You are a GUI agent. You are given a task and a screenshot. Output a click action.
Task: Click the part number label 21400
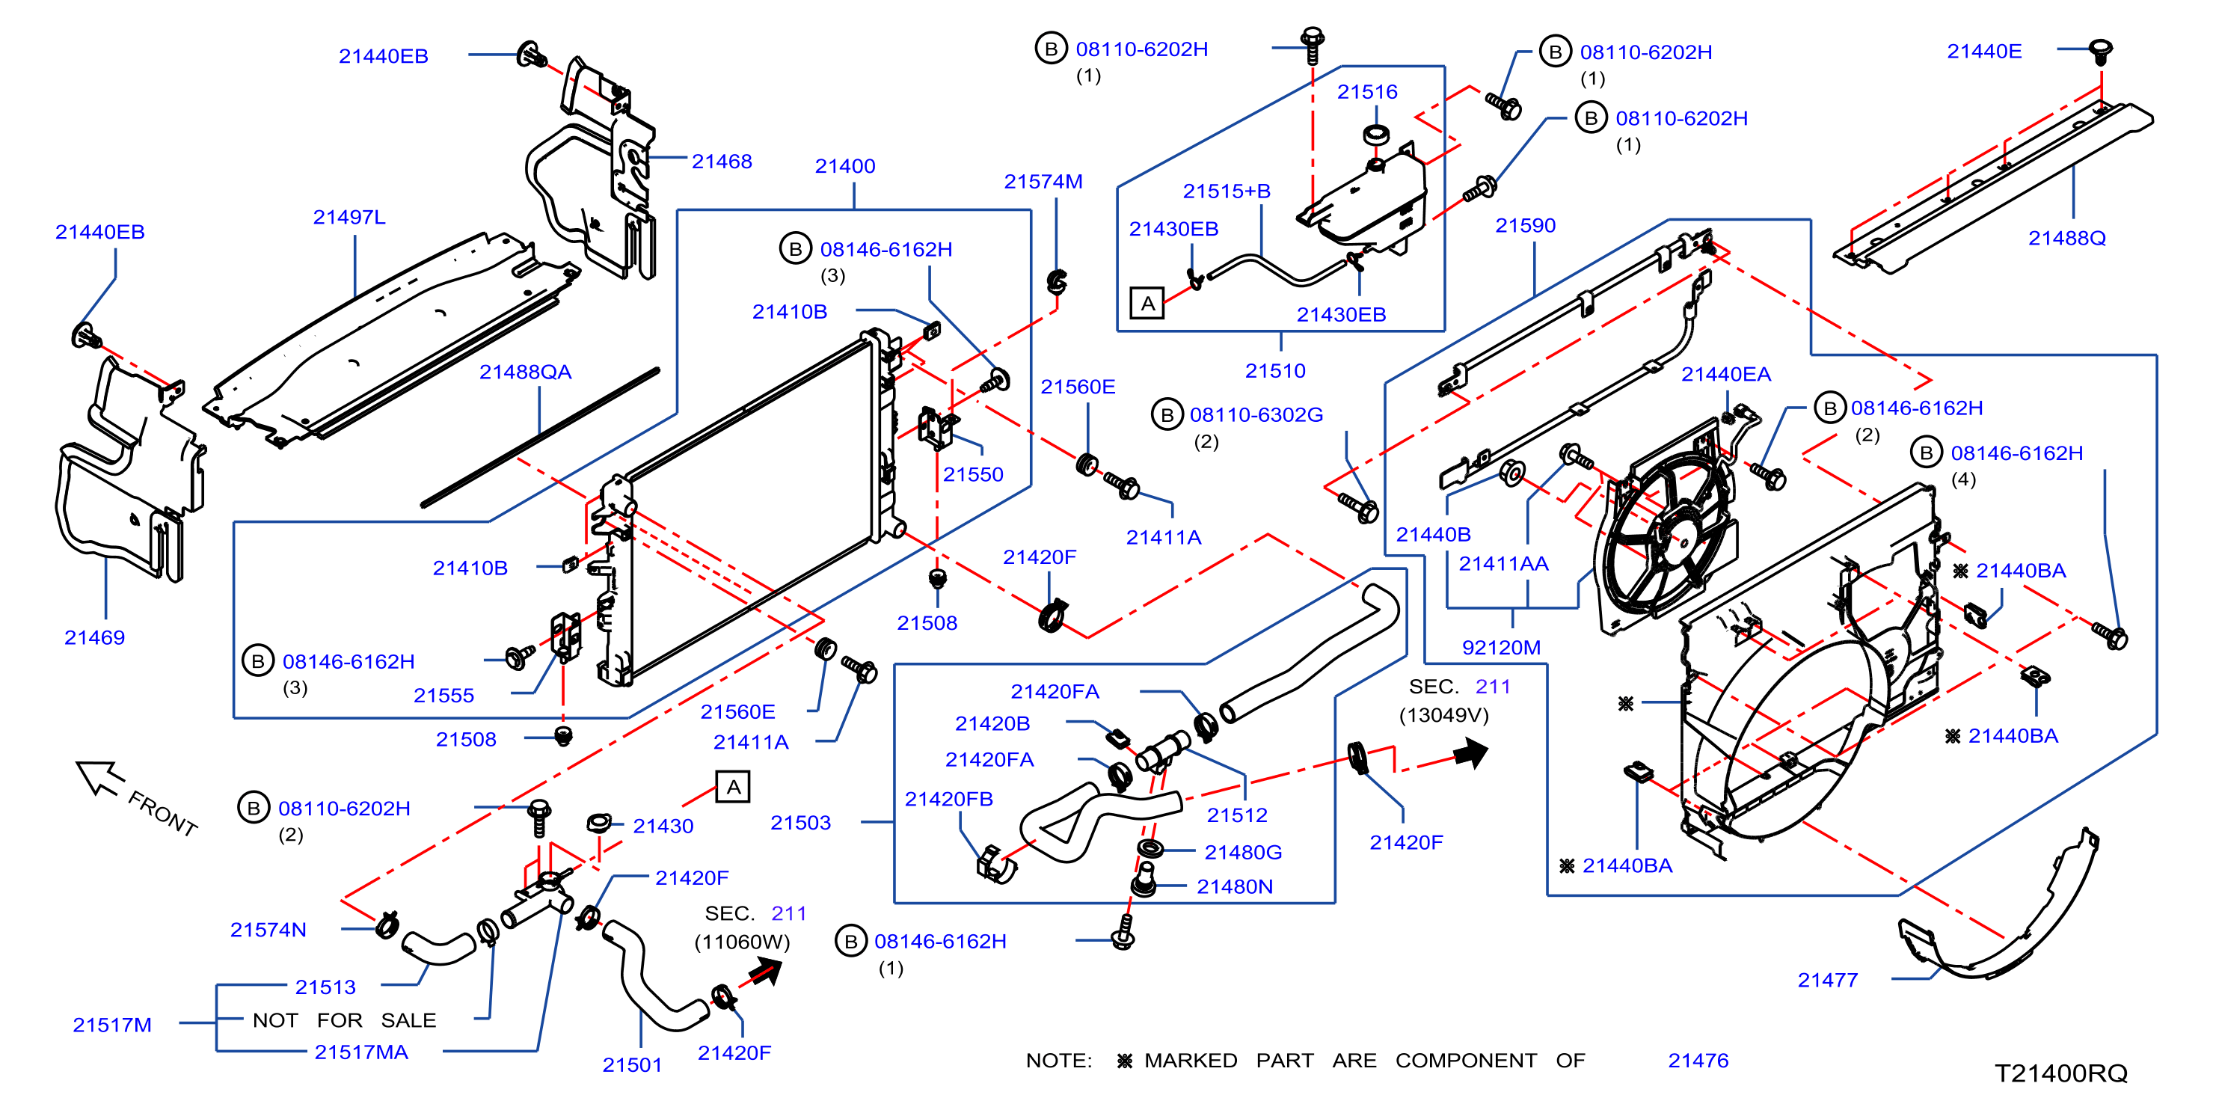tap(844, 166)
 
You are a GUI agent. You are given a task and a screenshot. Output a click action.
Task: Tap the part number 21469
tap(94, 637)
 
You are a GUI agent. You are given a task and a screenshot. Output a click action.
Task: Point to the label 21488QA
tap(525, 372)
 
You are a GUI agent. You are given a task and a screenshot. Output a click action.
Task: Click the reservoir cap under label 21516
tap(1376, 134)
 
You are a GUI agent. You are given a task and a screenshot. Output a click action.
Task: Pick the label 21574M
tap(1043, 181)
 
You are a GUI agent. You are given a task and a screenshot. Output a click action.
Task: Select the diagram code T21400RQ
tap(2060, 1073)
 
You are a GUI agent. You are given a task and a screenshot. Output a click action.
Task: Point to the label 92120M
tap(1501, 648)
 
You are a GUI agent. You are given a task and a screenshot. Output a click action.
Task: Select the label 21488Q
tap(2067, 238)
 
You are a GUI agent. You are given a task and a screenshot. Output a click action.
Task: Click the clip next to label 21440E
tap(2099, 50)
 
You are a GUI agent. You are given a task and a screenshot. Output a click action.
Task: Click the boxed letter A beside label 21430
tap(733, 786)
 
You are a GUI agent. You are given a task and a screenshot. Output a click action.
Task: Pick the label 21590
tap(1525, 225)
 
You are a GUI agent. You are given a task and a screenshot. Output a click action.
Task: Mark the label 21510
tap(1275, 371)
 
